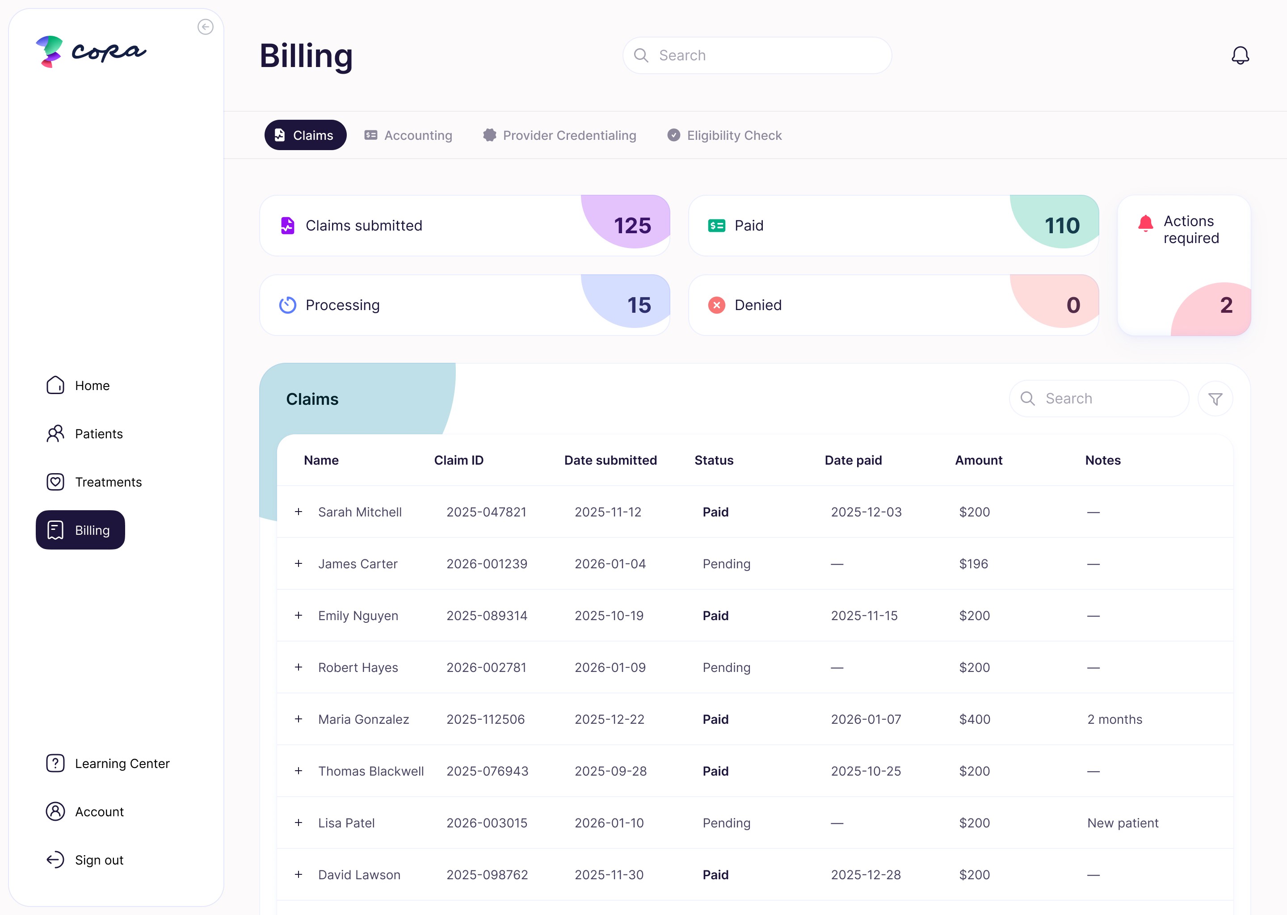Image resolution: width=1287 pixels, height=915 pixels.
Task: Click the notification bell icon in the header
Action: pos(1240,55)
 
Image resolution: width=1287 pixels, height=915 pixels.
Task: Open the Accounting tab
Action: pos(408,135)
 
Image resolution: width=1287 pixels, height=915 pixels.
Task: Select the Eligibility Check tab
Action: pos(725,135)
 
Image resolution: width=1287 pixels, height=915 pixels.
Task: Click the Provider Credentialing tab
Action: pos(559,135)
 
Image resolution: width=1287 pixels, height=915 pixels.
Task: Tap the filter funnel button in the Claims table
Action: pos(1215,399)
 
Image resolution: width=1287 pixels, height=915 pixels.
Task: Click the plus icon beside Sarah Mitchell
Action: pos(299,512)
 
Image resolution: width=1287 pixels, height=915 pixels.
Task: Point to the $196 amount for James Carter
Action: pos(973,564)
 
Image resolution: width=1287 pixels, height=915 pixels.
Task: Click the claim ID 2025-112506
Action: pos(485,719)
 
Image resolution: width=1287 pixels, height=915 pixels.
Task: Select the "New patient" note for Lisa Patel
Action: pos(1123,823)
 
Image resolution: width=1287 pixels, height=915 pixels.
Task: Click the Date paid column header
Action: pos(853,460)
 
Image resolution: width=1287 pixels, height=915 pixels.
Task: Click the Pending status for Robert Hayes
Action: pos(726,667)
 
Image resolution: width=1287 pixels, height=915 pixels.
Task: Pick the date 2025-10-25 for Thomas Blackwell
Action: pos(866,771)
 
